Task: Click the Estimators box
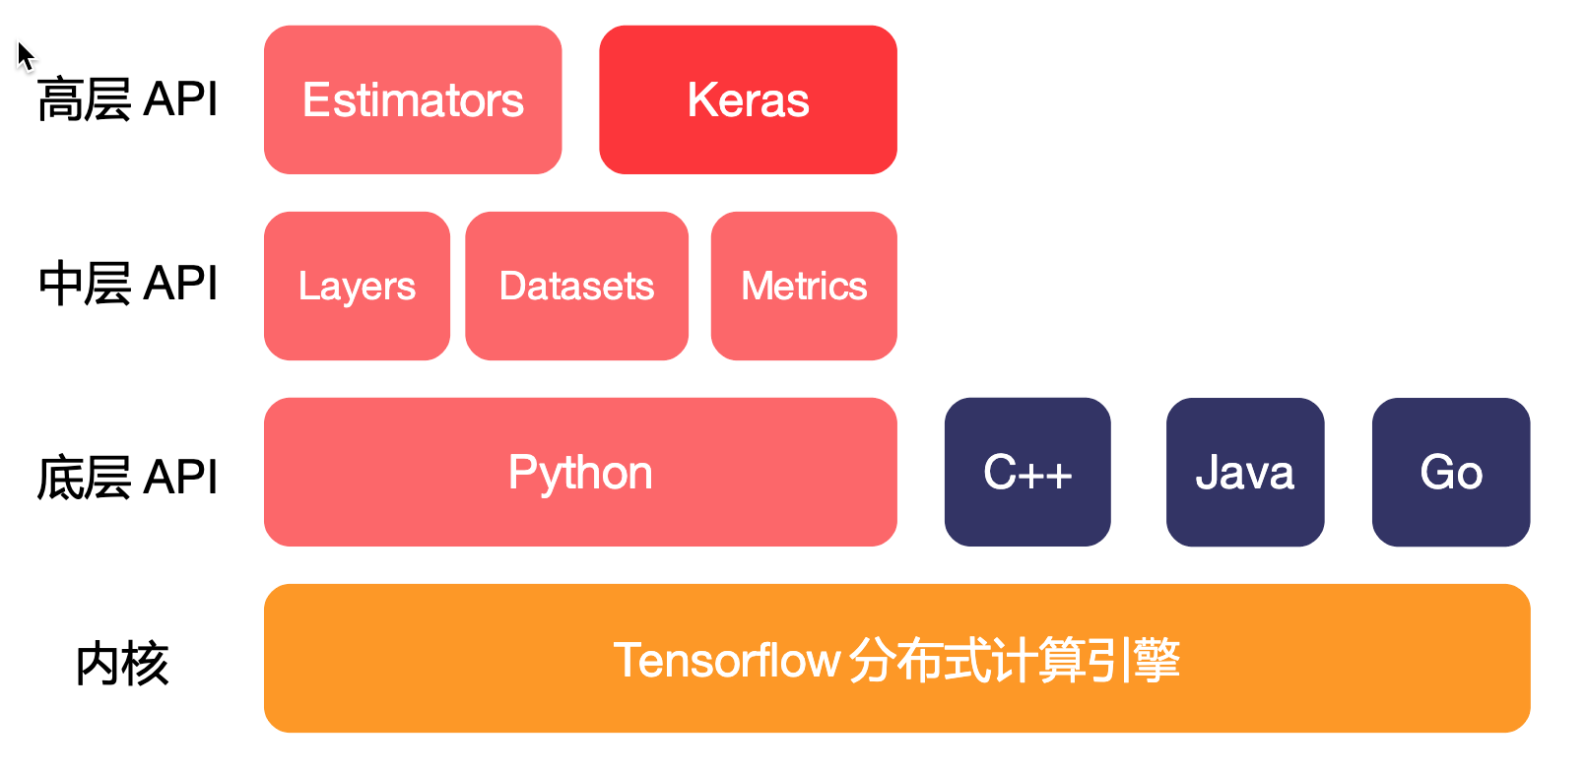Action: [413, 99]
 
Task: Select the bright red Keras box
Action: [748, 99]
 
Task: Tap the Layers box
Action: [357, 286]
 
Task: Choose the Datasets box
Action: [576, 286]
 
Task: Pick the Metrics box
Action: [804, 286]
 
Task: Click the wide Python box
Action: [580, 472]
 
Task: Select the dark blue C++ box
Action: [1027, 472]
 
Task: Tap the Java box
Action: [1245, 472]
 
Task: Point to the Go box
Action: [1451, 472]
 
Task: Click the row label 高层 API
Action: [127, 99]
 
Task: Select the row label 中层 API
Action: [127, 284]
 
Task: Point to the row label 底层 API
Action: [127, 478]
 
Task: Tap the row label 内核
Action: [122, 664]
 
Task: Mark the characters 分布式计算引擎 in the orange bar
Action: [1014, 660]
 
